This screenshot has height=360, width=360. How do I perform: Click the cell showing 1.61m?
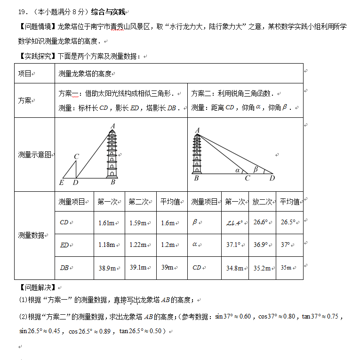coord(107,223)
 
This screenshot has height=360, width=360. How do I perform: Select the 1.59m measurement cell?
coord(137,223)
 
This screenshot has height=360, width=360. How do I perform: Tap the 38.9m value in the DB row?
coord(107,268)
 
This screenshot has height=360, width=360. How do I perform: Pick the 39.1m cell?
coord(138,267)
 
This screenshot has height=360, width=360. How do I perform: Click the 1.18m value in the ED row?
coord(107,245)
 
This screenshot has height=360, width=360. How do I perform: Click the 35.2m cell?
coord(262,268)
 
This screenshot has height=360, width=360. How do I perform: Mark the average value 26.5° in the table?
coord(288,222)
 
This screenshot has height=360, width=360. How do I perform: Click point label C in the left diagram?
coord(76,156)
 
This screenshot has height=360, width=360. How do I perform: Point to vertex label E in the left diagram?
coord(61,182)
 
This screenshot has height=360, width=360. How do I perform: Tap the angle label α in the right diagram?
coord(238,171)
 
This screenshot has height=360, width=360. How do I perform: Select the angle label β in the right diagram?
coord(256,169)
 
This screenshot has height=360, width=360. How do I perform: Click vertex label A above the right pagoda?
coord(197,130)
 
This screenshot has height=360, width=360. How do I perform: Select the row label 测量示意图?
coord(34,155)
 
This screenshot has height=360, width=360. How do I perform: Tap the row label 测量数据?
coord(31,235)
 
